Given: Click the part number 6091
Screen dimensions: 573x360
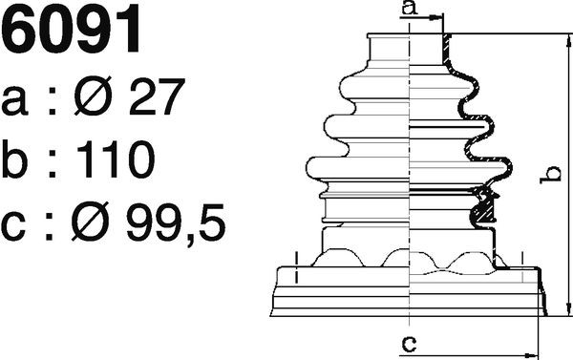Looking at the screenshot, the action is (x=71, y=29).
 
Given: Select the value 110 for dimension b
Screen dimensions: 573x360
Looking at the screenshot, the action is (x=116, y=159).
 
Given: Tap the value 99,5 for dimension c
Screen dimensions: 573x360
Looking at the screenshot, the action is (x=176, y=223).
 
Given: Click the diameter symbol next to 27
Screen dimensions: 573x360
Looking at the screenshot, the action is (x=93, y=95).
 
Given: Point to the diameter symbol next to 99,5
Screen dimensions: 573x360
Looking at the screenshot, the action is (x=91, y=222).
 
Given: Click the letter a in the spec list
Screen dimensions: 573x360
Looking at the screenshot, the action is (x=14, y=101).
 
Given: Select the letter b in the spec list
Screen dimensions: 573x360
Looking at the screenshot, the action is (x=14, y=159).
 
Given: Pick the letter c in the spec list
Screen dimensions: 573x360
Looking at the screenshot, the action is (x=13, y=227).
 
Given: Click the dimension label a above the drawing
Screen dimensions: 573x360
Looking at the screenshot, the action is (x=410, y=8).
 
